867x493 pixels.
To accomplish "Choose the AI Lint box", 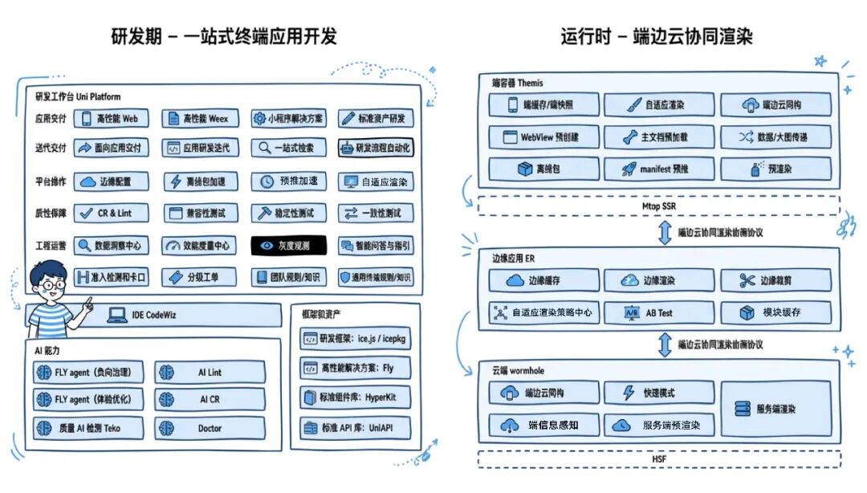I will coord(210,373).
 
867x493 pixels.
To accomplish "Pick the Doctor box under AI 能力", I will coord(210,428).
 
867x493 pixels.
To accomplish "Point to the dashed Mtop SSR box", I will coord(658,206).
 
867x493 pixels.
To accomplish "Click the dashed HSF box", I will coord(658,459).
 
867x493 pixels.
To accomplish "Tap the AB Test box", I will coord(657,312).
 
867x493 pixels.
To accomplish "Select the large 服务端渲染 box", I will coord(775,409).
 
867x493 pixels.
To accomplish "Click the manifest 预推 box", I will coord(657,169).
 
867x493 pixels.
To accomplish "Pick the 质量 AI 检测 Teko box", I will coord(88,428).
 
